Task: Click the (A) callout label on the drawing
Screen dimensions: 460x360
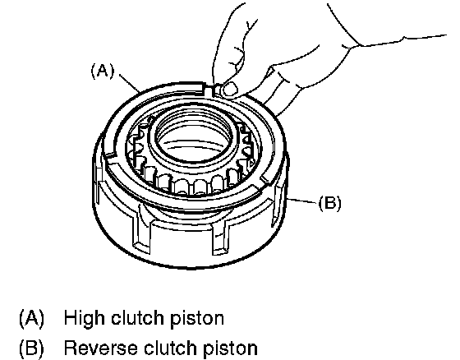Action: click(103, 72)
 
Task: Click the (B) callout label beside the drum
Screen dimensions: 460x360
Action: click(329, 203)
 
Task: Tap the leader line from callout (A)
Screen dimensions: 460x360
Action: click(130, 83)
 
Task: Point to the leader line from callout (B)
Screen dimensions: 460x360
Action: click(302, 201)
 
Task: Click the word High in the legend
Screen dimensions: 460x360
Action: click(85, 318)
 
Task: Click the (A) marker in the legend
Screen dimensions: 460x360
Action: click(31, 318)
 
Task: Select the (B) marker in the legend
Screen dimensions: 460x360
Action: click(31, 348)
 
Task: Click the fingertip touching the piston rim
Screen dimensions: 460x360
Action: click(229, 89)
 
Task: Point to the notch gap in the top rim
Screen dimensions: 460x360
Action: click(210, 90)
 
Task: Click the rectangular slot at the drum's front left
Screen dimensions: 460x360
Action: click(143, 232)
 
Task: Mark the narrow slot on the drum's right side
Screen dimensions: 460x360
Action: click(277, 205)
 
